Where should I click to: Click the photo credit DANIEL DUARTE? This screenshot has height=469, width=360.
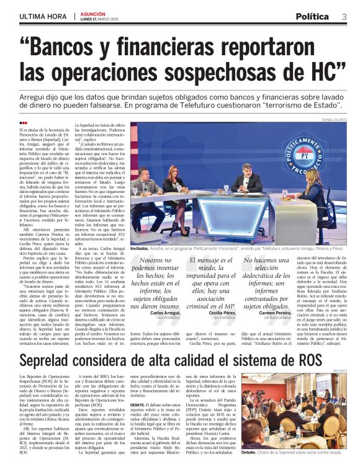tap(335, 120)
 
